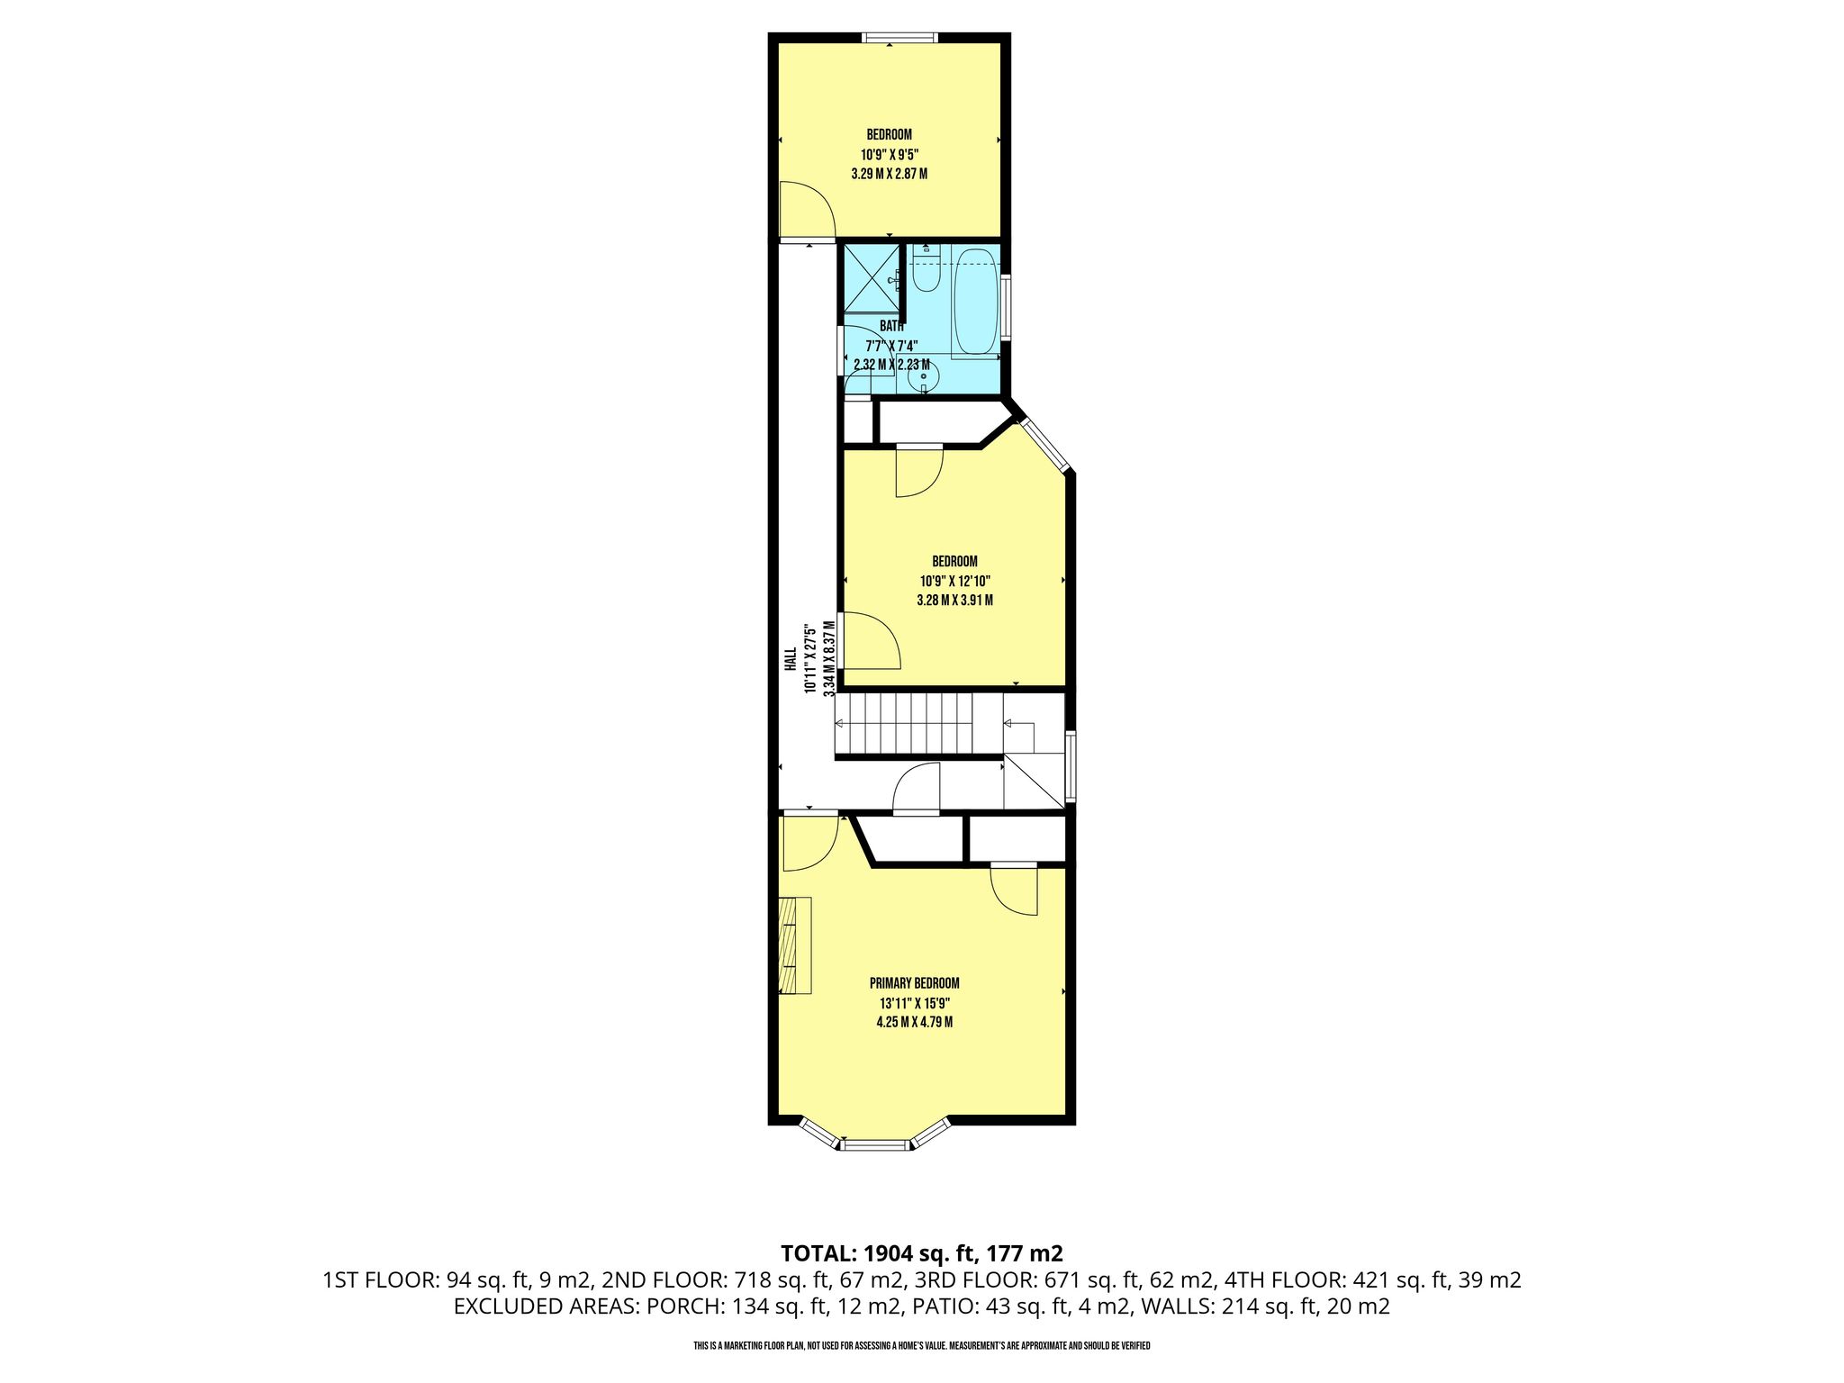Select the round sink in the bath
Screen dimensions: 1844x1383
[923, 376]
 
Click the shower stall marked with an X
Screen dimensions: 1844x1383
[871, 277]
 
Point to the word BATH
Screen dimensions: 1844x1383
[891, 326]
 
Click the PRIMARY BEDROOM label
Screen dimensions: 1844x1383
[914, 983]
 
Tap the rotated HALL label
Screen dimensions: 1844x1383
[790, 659]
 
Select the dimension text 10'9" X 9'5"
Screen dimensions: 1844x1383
[889, 154]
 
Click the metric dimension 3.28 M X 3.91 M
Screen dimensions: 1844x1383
[954, 600]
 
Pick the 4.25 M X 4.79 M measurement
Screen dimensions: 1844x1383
[914, 1022]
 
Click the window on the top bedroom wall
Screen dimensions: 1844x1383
[899, 38]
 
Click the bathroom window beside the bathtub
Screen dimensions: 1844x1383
[1006, 305]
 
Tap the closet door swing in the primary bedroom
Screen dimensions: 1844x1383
[1015, 890]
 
